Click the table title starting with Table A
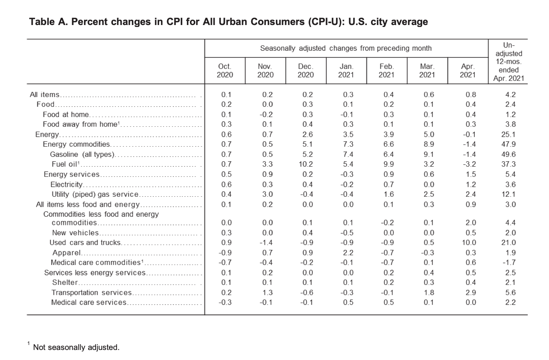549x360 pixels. tap(228, 22)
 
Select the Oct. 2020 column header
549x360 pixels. tap(225, 70)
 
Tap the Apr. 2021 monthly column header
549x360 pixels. tap(467, 70)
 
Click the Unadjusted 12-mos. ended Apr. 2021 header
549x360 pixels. tap(508, 62)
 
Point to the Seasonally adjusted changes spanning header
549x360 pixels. tap(346, 49)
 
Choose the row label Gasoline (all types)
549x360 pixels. tap(82, 154)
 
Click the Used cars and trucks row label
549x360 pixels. tap(85, 243)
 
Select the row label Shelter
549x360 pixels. tap(65, 283)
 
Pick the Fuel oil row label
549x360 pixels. tap(65, 164)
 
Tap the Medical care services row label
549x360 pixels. tap(89, 303)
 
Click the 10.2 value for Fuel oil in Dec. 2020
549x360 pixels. tap(306, 164)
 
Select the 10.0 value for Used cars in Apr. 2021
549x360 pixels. tap(468, 243)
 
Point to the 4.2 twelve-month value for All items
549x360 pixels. tap(510, 95)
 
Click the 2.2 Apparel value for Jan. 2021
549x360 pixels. tap(348, 253)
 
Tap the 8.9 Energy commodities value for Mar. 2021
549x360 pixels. tap(428, 144)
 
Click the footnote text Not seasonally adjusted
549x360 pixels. tap(76, 347)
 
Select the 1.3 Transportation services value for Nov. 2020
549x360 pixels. tap(267, 293)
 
